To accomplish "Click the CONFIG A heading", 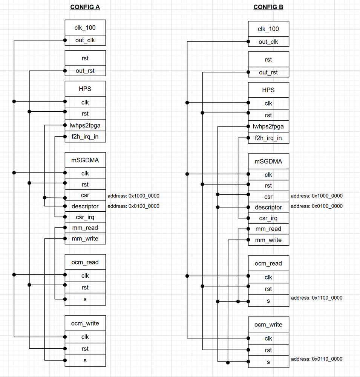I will tap(85, 7).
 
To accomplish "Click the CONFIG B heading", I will tap(268, 7).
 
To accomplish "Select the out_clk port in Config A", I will tap(85, 40).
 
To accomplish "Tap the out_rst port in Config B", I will tap(268, 72).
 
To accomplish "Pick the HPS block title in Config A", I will tap(85, 89).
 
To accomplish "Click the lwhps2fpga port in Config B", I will tap(268, 126).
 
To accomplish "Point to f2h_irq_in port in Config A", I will tap(85, 137).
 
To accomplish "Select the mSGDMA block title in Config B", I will tap(268, 162).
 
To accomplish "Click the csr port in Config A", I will tap(85, 195).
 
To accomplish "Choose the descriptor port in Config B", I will tap(268, 207).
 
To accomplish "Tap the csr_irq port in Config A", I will tap(85, 217).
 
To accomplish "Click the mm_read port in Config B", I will tap(268, 229).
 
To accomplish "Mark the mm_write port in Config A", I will tap(85, 239).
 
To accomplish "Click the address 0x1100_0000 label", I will tap(317, 298).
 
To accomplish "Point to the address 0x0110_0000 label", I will tap(317, 359).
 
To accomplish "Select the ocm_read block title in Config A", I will tap(85, 262).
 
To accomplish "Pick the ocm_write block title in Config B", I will tap(268, 325).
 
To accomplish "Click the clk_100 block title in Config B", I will tap(268, 29).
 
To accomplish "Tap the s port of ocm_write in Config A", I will tap(85, 360).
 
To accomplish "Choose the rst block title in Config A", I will tap(85, 58).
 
